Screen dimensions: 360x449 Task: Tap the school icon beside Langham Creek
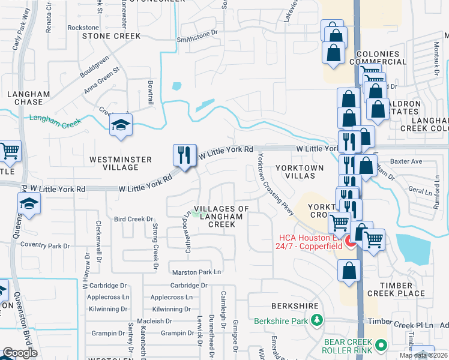tap(121, 124)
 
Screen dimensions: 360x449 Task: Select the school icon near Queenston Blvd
tap(29, 204)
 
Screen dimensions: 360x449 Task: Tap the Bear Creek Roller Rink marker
tap(380, 344)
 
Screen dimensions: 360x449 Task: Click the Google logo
tap(20, 353)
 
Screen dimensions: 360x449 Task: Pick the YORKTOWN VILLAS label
tap(300, 172)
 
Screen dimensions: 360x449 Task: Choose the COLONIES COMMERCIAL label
tap(390, 58)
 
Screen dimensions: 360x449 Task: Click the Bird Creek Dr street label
tap(134, 220)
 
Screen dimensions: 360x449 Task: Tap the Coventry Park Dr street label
tap(45, 245)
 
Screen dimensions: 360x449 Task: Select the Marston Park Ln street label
tap(196, 272)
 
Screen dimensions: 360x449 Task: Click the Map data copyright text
tap(423, 355)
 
